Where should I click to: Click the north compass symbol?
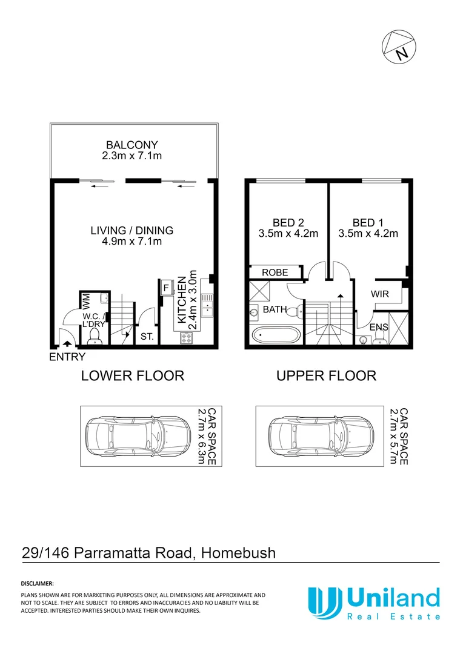coord(398,47)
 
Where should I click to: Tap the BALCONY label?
coord(132,145)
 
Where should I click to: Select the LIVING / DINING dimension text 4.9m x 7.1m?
coord(132,242)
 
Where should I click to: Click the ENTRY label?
coord(67,357)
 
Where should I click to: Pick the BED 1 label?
coord(367,222)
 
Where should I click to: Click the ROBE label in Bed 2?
coord(275,273)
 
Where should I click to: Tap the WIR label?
coord(380,294)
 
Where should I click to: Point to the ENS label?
coord(379,328)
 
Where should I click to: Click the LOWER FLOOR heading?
coord(132,376)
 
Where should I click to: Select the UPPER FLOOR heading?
coord(326,376)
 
